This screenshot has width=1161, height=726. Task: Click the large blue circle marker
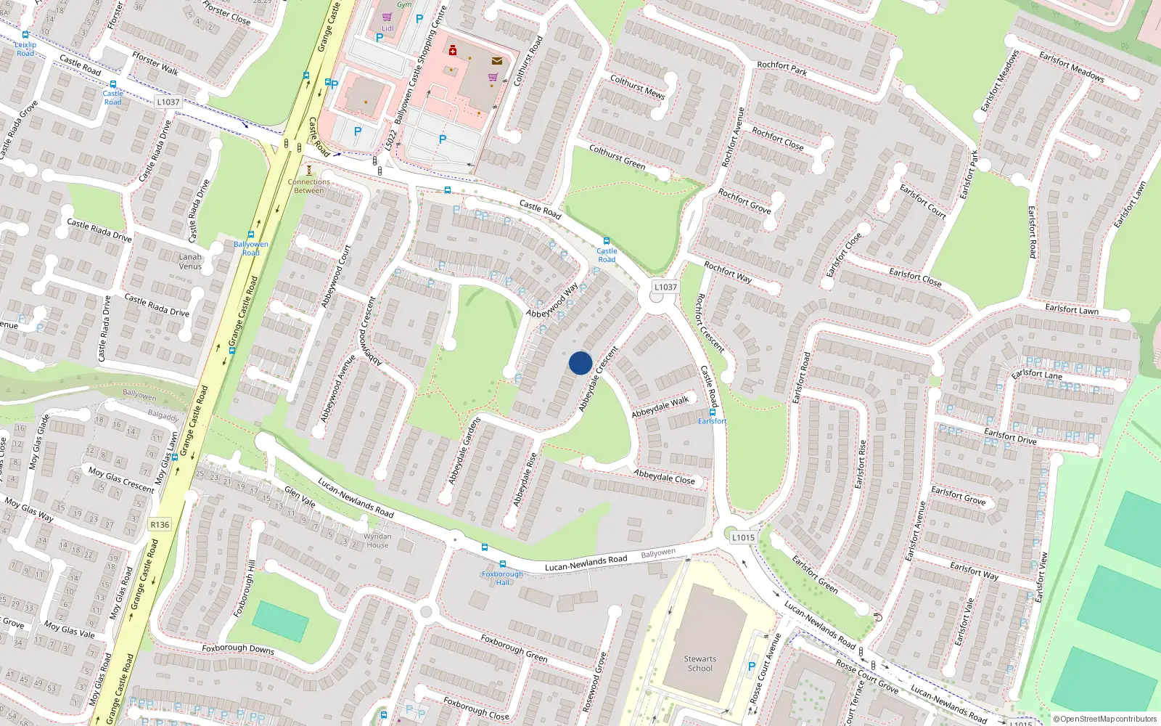click(580, 363)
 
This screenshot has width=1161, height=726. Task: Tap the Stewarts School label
click(700, 664)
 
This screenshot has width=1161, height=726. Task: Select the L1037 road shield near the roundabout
click(665, 287)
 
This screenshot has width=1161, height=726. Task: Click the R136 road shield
click(160, 524)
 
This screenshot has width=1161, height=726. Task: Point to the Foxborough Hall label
click(502, 578)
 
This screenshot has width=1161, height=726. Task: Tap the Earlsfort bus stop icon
click(713, 412)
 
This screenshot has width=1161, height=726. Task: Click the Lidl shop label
click(387, 28)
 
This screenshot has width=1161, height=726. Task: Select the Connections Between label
click(308, 186)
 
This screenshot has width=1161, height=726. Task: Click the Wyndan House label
click(377, 541)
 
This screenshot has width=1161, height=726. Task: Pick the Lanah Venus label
click(190, 261)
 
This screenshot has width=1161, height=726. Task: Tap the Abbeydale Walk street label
click(660, 407)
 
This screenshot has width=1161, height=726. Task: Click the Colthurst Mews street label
click(637, 86)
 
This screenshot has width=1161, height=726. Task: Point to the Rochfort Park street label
click(781, 68)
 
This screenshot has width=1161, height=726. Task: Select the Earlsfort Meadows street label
click(1071, 65)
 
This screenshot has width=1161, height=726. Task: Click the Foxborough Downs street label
click(238, 648)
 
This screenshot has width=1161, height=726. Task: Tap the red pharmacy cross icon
click(453, 50)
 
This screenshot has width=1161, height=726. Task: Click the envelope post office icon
click(497, 61)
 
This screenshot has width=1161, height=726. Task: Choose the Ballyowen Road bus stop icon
click(251, 234)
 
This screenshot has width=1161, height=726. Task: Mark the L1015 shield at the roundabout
click(743, 537)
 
